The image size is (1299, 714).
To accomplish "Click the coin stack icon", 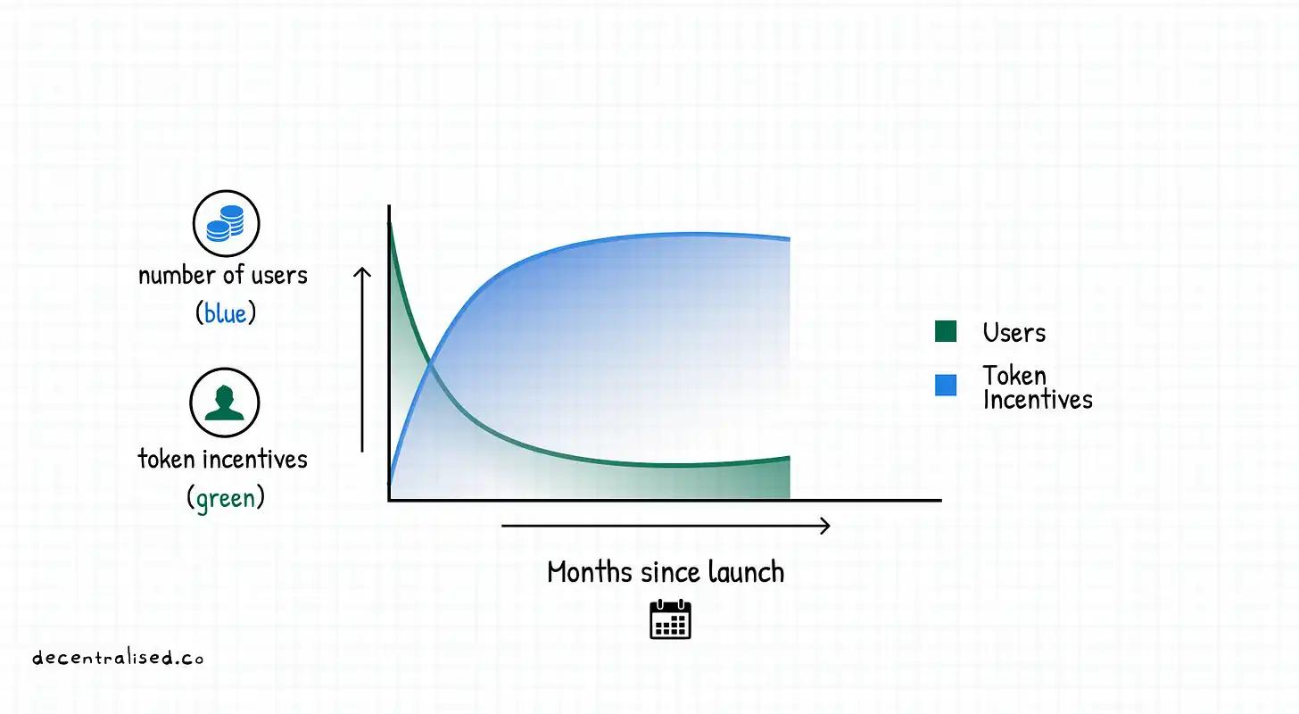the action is pyautogui.click(x=226, y=223).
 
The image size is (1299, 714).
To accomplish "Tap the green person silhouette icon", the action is pyautogui.click(x=225, y=402).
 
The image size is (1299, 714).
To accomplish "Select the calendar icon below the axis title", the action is pyautogui.click(x=670, y=619).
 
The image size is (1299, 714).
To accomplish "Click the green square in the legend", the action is pyautogui.click(x=946, y=331).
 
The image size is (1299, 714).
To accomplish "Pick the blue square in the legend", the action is pyautogui.click(x=946, y=386).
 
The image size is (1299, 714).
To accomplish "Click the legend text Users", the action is pyautogui.click(x=1014, y=333).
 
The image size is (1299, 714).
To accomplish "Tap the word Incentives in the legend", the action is pyautogui.click(x=1038, y=400).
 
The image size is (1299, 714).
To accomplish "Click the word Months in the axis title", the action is pyautogui.click(x=590, y=572).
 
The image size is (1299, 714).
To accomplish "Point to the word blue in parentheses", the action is pyautogui.click(x=225, y=314).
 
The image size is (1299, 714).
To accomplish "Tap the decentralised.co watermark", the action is pyautogui.click(x=118, y=658).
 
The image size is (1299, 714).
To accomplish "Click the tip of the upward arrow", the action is pyautogui.click(x=362, y=268).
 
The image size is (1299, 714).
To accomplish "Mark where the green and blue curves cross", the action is pyautogui.click(x=430, y=364).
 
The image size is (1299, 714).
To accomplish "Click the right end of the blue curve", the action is pyautogui.click(x=790, y=238).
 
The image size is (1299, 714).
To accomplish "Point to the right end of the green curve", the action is pyautogui.click(x=790, y=458).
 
